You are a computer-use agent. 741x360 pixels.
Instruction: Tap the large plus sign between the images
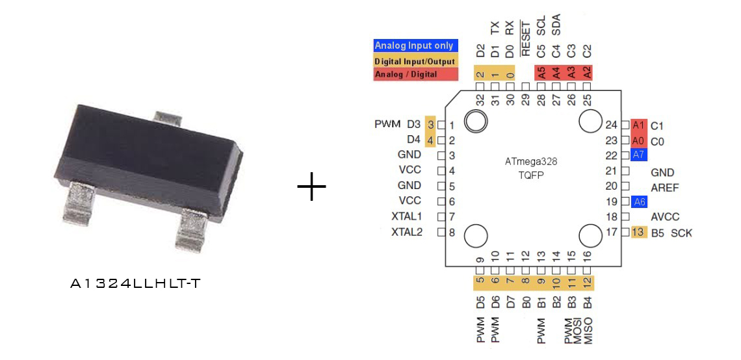pyautogui.click(x=311, y=186)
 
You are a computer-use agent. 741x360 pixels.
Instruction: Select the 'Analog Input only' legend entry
pyautogui.click(x=415, y=46)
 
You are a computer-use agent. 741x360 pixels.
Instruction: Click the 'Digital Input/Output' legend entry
pyautogui.click(x=415, y=61)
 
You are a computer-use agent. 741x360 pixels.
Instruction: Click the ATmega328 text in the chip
pyautogui.click(x=531, y=162)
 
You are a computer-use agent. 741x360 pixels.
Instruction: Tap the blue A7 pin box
pyautogui.click(x=638, y=155)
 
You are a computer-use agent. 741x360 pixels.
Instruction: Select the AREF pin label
pyautogui.click(x=664, y=188)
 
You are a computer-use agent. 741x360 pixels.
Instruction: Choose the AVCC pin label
pyautogui.click(x=664, y=217)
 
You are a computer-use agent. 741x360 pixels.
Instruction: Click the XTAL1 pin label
pyautogui.click(x=406, y=216)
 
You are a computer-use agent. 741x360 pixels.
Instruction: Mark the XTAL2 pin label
pyautogui.click(x=406, y=232)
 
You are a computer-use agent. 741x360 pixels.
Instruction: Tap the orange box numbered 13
pyautogui.click(x=638, y=233)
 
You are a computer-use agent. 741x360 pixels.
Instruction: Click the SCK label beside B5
pyautogui.click(x=682, y=233)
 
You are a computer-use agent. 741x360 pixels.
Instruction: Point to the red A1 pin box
pyautogui.click(x=638, y=125)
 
